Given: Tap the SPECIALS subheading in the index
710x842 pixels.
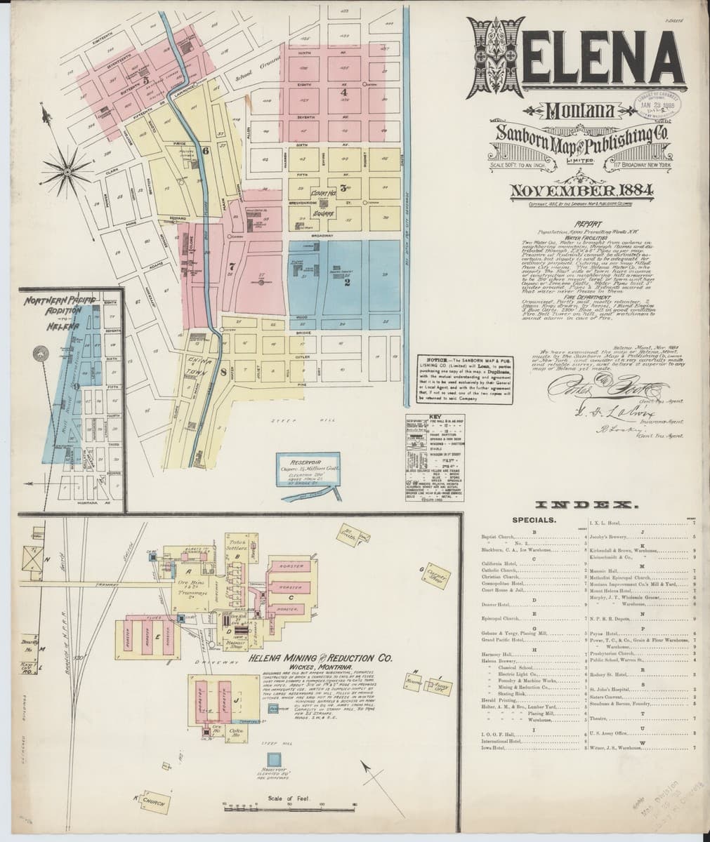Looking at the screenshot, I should click(x=535, y=521).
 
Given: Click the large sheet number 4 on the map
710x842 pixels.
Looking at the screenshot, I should click(x=344, y=91).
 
